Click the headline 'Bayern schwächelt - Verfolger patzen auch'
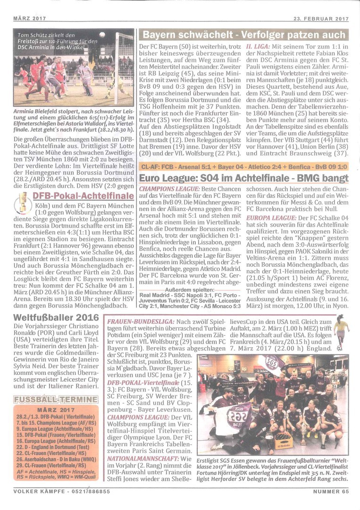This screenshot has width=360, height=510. tap(243, 35)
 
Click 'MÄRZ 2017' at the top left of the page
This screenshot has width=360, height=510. tap(27, 19)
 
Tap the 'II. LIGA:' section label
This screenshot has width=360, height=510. tap(259, 47)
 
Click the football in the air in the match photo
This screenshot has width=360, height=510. tap(102, 34)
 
